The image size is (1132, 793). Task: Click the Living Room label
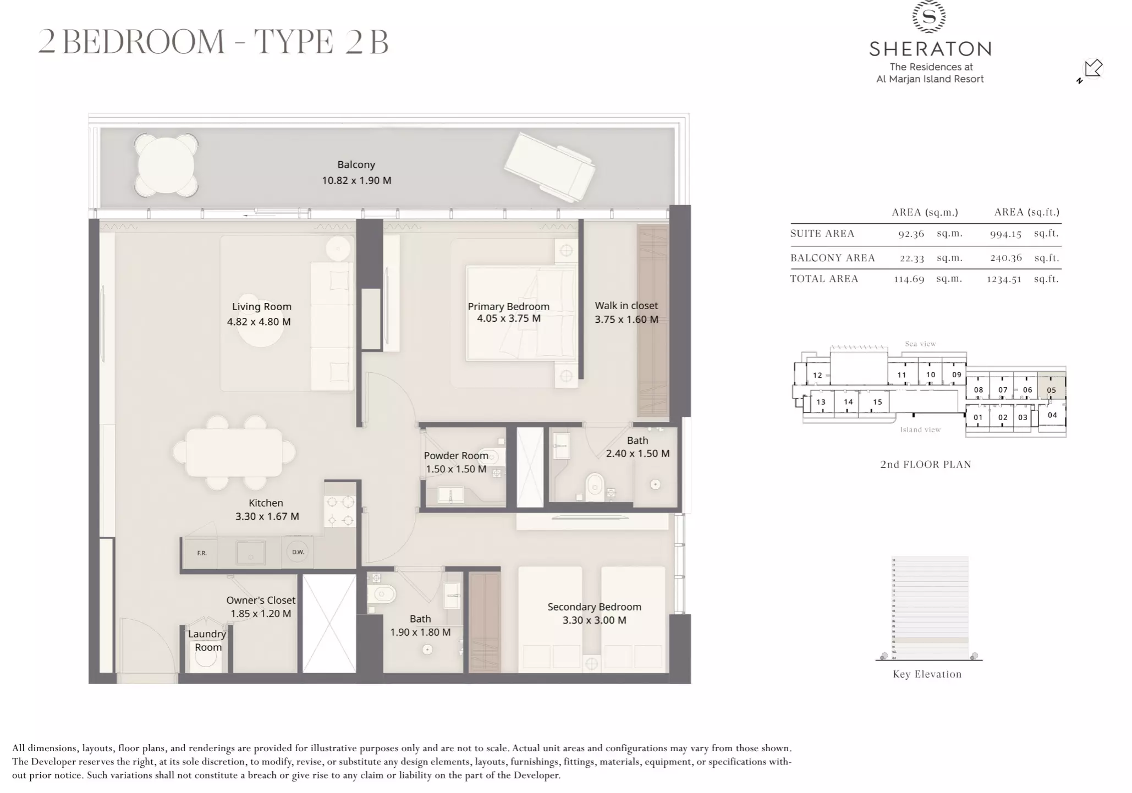261,307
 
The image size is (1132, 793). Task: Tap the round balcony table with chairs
166,166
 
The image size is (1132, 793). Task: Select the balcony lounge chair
549,167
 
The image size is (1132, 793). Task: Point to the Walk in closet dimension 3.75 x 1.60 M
626,320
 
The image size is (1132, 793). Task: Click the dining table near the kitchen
234,453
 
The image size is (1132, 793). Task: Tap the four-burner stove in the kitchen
340,510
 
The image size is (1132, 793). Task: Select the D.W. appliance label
298,552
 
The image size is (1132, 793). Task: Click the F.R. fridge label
202,553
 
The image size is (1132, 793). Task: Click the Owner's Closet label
261,601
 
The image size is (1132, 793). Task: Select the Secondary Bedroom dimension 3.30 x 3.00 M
594,620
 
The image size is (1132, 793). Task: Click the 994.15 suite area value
1005,234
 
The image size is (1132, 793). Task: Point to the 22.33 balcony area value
911,258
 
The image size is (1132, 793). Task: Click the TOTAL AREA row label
824,279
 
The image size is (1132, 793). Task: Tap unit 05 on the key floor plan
1051,390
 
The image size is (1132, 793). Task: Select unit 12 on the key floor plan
817,375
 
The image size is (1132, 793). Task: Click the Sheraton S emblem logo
929,16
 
